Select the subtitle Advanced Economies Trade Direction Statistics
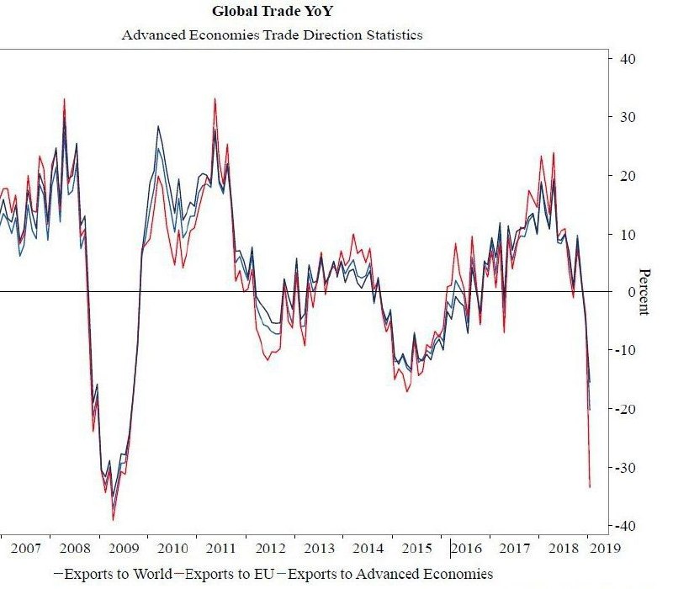coord(272,35)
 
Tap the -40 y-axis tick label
coord(624,526)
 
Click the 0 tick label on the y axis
coord(628,292)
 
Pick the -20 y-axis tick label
coord(624,409)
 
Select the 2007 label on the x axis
coord(25,549)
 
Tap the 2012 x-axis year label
coord(270,549)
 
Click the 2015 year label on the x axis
coord(417,549)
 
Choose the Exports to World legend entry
coord(114,575)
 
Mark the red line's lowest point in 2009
coord(113,520)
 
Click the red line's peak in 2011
coord(215,98)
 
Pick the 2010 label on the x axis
coord(172,549)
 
